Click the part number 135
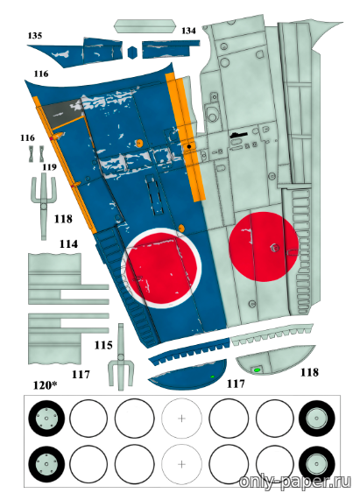coord(35,35)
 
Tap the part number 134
coord(188,31)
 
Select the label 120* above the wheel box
coord(45,385)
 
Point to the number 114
coord(68,244)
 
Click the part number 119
coord(49,167)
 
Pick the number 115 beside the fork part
coord(103,345)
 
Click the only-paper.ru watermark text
coord(295,481)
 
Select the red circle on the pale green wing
coord(264,247)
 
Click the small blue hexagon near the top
coord(132,53)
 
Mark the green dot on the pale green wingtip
coord(257,370)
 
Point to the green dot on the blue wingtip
coord(212,377)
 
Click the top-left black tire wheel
coord(46,419)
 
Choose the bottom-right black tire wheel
coord(316,464)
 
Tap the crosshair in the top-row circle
coord(181,419)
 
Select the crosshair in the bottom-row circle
coord(181,464)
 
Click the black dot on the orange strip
coord(189,146)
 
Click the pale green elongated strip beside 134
coord(145,26)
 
